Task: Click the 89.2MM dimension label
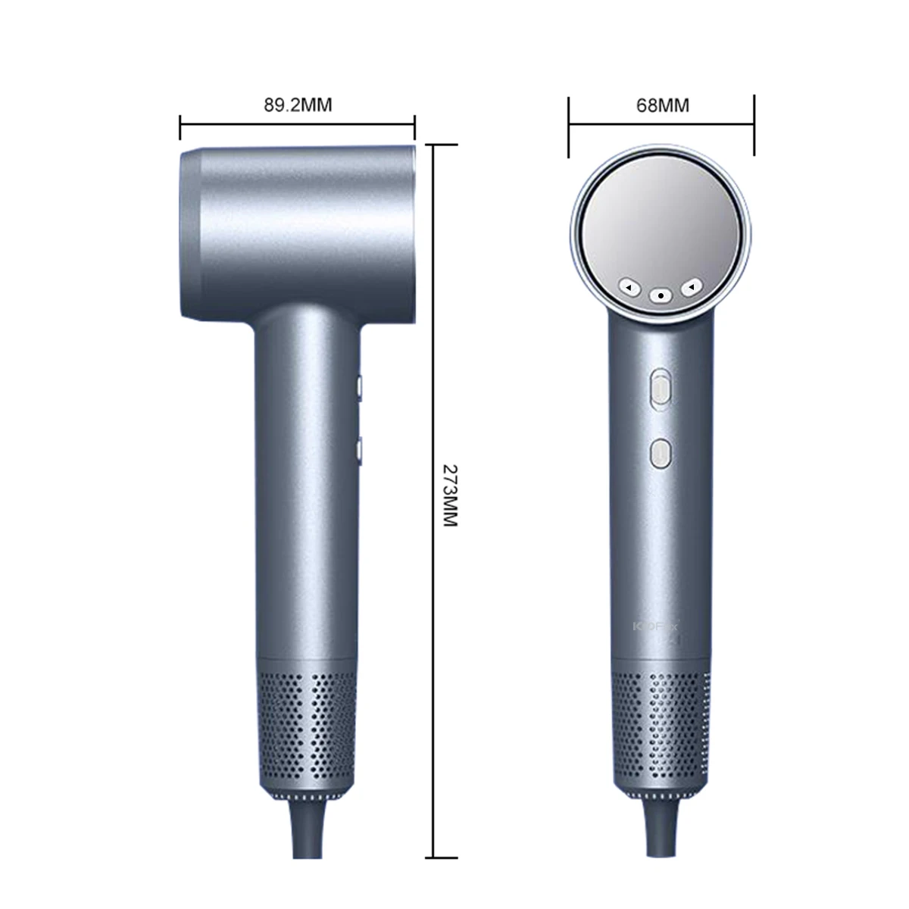click(x=298, y=105)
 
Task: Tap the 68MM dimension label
click(x=663, y=105)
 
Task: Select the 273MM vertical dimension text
click(x=449, y=495)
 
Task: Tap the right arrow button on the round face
click(x=692, y=287)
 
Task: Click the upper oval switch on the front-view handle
click(x=661, y=389)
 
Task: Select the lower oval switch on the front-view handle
click(x=661, y=453)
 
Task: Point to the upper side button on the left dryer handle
click(x=359, y=388)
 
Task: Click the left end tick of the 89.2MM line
click(x=180, y=127)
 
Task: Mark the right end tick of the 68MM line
click(x=754, y=125)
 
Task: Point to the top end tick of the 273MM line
click(x=433, y=145)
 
